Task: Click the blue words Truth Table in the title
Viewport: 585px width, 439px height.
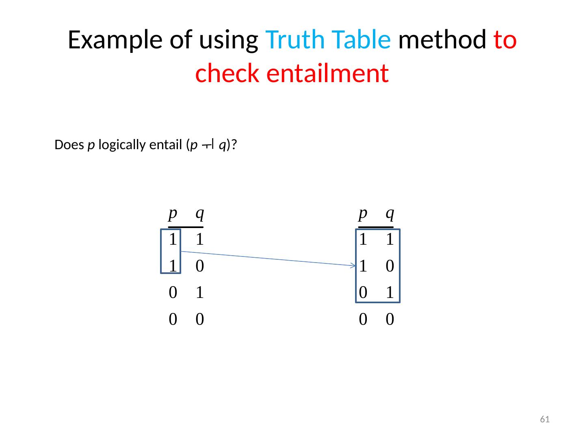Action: point(328,40)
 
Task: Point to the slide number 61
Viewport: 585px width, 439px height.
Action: point(544,419)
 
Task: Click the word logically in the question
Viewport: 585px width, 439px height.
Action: point(121,145)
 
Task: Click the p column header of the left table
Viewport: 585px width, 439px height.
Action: point(173,213)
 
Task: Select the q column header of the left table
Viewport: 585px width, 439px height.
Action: point(199,213)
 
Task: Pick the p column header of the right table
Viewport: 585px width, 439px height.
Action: point(363,213)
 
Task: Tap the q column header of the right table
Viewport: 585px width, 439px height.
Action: point(390,213)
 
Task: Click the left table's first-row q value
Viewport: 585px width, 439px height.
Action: point(199,240)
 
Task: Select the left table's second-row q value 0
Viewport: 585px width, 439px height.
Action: point(199,267)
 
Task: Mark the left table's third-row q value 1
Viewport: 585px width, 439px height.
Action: point(199,293)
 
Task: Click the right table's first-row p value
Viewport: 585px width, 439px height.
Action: point(363,240)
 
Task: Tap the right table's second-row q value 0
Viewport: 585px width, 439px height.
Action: point(390,267)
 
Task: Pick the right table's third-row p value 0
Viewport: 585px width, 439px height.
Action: point(363,293)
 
